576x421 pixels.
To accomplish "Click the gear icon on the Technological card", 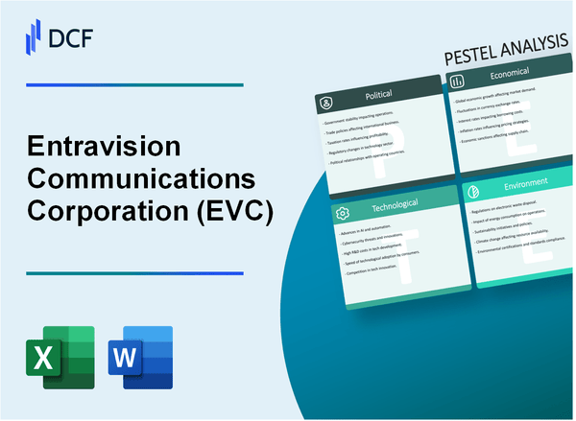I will tap(340, 213).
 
